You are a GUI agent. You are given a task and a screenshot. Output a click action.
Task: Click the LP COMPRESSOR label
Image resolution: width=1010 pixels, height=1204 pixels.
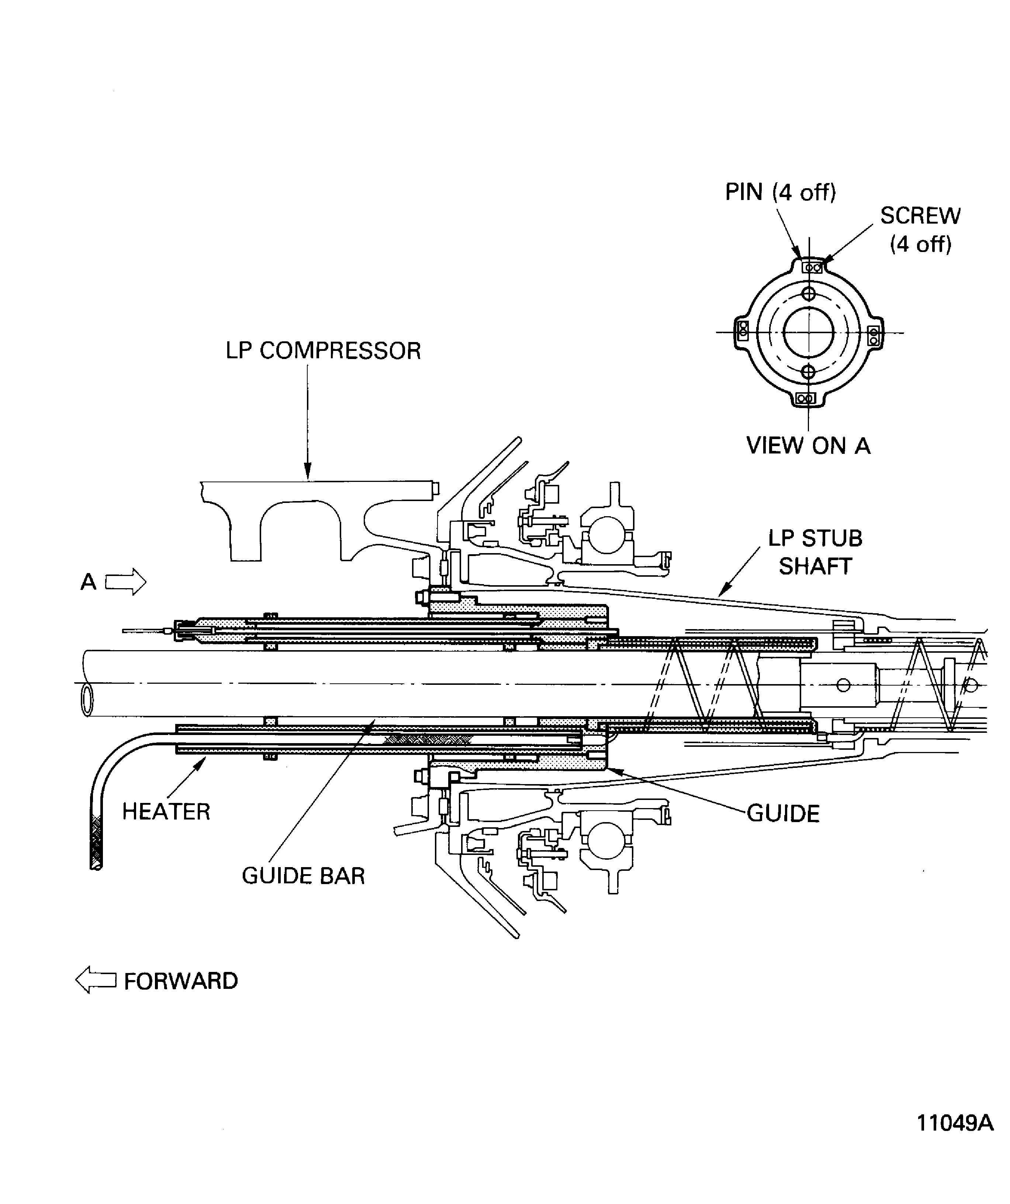pyautogui.click(x=323, y=351)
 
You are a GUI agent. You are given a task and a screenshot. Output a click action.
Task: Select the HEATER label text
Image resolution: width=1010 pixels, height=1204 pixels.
pyautogui.click(x=166, y=812)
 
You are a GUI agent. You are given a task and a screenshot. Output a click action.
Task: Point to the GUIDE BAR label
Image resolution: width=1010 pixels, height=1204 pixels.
pyautogui.click(x=303, y=876)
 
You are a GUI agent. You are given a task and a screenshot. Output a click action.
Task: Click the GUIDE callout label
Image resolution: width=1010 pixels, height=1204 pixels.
pyautogui.click(x=783, y=814)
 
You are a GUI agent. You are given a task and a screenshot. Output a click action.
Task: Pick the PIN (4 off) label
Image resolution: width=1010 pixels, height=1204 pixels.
pyautogui.click(x=780, y=192)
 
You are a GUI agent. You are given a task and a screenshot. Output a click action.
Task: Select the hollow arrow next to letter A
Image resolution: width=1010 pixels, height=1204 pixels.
pyautogui.click(x=125, y=582)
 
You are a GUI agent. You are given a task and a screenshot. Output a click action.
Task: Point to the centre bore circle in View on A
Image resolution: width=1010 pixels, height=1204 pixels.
pyautogui.click(x=808, y=332)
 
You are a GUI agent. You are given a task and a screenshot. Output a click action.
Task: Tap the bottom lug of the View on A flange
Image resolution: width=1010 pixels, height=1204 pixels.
pyautogui.click(x=806, y=399)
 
